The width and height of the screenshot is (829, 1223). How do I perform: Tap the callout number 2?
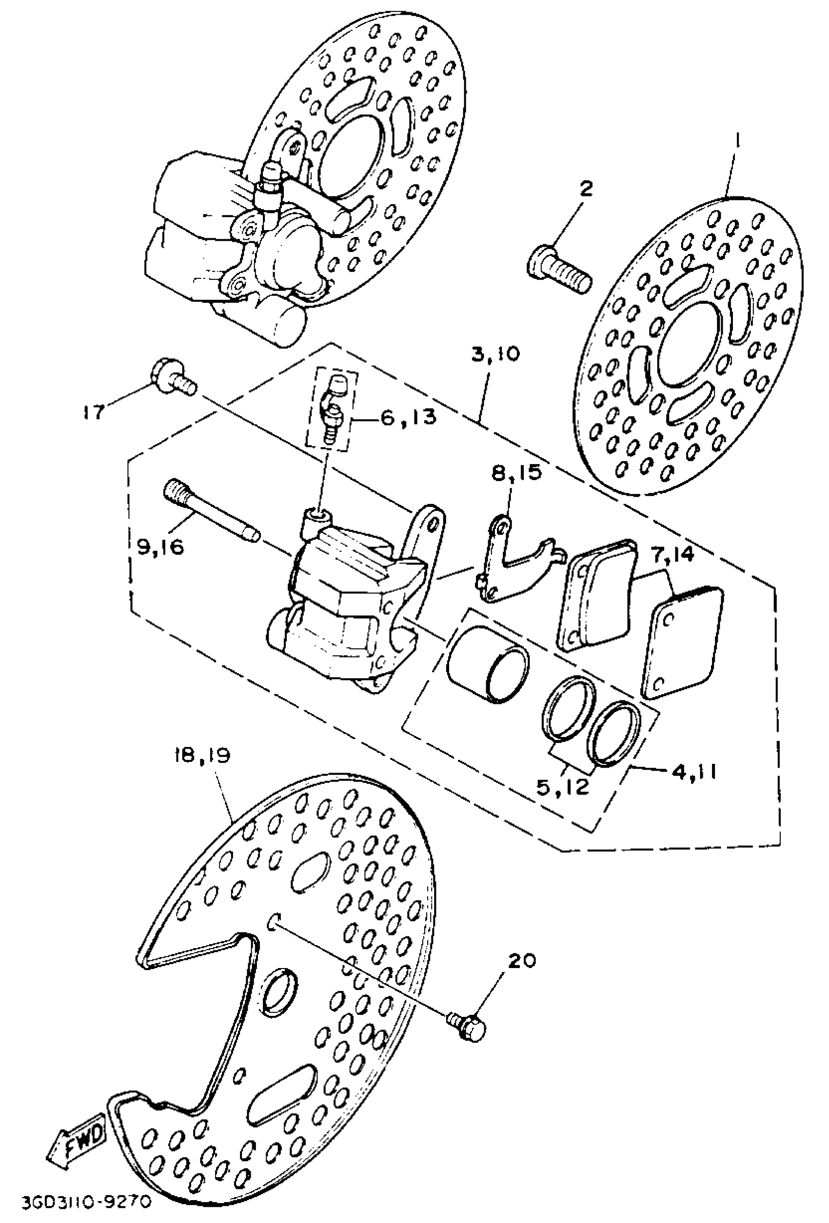point(586,188)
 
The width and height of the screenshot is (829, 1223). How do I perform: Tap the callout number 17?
point(95,411)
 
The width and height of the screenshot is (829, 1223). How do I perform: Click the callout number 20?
point(522,960)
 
